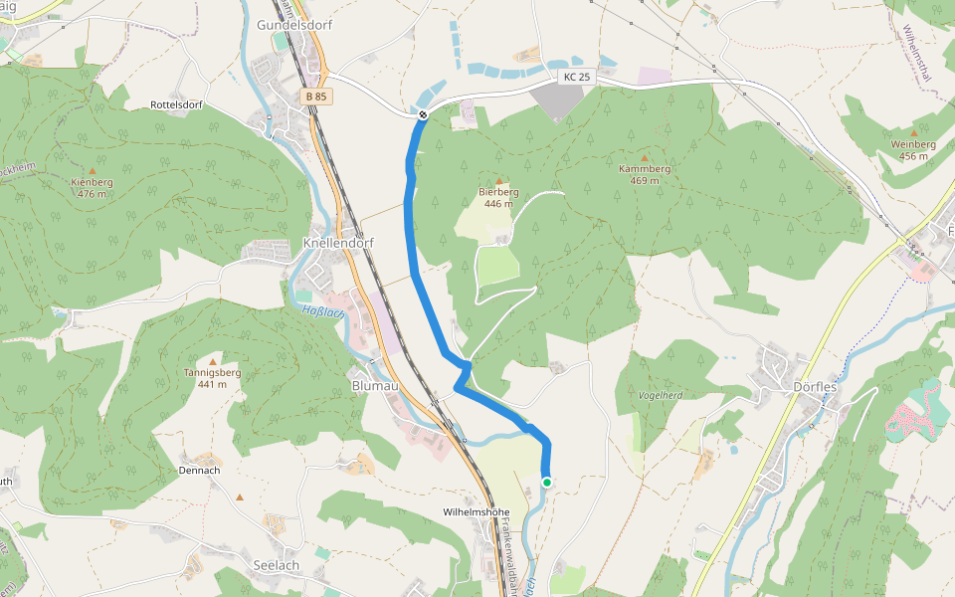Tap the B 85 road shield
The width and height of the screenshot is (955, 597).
click(317, 97)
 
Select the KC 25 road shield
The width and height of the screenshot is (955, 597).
click(575, 77)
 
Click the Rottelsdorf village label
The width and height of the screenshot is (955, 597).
click(176, 104)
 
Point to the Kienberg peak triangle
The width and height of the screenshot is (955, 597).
click(93, 171)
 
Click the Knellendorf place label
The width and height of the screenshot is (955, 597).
click(336, 243)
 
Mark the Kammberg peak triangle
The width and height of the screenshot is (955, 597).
click(645, 158)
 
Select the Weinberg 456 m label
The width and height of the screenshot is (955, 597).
click(914, 150)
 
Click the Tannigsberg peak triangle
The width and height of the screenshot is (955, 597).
click(213, 360)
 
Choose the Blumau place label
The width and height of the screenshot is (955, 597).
click(375, 385)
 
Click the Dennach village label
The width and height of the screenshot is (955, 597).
click(198, 470)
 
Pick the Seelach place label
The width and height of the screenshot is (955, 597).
click(276, 564)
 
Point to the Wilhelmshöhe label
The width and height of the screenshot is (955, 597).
click(476, 511)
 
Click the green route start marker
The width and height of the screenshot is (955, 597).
click(546, 483)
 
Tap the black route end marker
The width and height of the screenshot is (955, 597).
click(423, 115)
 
